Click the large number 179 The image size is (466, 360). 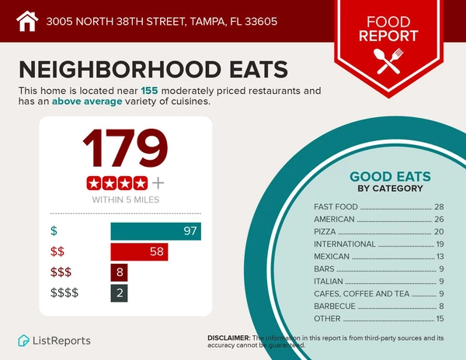point(126,150)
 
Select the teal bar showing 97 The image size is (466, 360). point(155,231)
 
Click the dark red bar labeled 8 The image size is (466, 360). point(119,272)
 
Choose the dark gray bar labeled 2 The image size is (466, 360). point(119,292)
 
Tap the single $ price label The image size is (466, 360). point(54,231)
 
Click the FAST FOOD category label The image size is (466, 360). point(335,207)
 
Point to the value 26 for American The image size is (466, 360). point(439,220)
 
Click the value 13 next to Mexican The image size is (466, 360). point(439,257)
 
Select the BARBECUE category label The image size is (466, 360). point(334,306)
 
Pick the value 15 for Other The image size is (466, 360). point(439,319)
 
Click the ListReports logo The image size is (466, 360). point(54,341)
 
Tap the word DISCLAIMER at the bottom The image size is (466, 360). point(228,338)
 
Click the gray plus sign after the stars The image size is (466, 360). point(158,183)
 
